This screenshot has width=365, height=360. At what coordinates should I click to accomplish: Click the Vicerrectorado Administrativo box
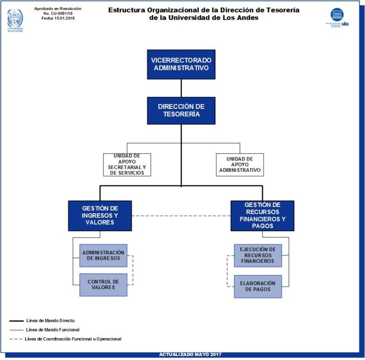point(181,64)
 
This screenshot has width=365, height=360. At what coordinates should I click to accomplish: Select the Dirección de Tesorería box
point(181,111)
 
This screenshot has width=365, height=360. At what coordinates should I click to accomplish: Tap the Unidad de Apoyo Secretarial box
point(127,164)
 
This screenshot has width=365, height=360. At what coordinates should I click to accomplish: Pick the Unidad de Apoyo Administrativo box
point(240,164)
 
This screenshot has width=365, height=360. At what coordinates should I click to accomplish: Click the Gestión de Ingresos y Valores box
point(100,215)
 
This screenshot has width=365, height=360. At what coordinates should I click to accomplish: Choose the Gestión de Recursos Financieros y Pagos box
point(262,215)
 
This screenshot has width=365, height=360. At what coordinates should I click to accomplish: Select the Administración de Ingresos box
point(103,256)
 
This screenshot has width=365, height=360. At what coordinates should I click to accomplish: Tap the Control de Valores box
point(103,285)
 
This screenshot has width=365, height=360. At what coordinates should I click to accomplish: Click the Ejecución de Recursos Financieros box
point(258,256)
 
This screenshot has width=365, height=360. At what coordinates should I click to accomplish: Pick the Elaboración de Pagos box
point(258,286)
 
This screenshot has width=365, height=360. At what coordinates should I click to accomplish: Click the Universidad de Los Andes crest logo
point(15,19)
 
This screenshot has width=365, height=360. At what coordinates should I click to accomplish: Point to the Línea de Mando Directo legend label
point(50,321)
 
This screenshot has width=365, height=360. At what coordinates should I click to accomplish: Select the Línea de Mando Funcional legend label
point(53,330)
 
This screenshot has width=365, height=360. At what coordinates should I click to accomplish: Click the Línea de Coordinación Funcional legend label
point(73,339)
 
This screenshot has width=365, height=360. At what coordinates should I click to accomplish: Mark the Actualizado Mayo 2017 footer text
point(190,355)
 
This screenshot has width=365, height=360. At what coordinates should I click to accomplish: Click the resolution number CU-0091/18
point(58,13)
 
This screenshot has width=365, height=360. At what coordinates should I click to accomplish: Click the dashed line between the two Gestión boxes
point(181,216)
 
